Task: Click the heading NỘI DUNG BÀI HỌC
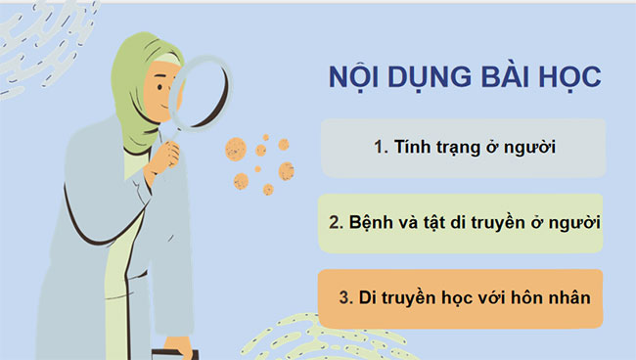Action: click(464, 80)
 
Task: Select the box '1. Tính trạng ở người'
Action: click(465, 148)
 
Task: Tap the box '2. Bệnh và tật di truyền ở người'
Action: click(465, 222)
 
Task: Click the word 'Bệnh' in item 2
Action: click(367, 222)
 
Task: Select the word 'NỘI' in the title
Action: click(354, 80)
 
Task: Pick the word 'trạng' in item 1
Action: click(458, 148)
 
